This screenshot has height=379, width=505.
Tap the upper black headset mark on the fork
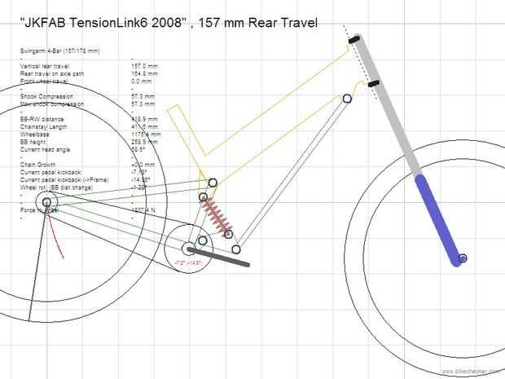[354, 39]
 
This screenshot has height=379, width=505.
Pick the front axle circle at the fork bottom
[462, 258]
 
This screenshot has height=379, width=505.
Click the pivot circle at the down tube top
[347, 98]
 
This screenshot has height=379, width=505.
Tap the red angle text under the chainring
[188, 264]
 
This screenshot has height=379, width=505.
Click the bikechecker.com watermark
[473, 372]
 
